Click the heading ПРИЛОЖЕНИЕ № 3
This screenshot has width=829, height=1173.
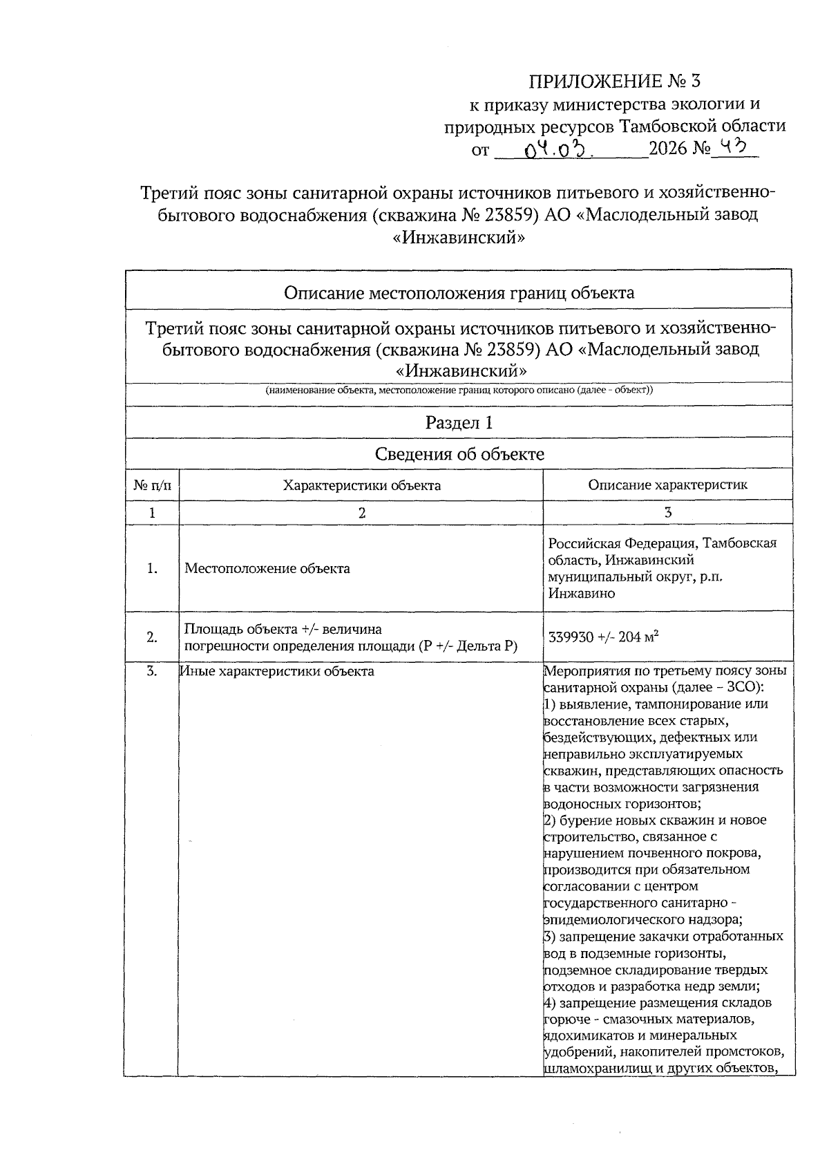pyautogui.click(x=614, y=82)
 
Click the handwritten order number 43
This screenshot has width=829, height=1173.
pyautogui.click(x=735, y=147)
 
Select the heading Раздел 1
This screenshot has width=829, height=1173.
pyautogui.click(x=459, y=422)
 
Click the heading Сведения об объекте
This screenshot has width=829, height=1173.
pyautogui.click(x=459, y=454)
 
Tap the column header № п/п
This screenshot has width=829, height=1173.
pyautogui.click(x=152, y=485)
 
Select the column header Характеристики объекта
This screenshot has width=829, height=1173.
pyautogui.click(x=361, y=485)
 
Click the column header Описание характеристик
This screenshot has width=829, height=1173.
pyautogui.click(x=667, y=485)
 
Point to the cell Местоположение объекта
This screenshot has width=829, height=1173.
pyautogui.click(x=267, y=569)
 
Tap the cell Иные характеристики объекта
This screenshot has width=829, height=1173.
pyautogui.click(x=277, y=671)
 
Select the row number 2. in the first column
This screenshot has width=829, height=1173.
pyautogui.click(x=152, y=637)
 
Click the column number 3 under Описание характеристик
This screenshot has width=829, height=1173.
pyautogui.click(x=667, y=512)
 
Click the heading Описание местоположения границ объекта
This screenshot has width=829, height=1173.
pyautogui.click(x=459, y=292)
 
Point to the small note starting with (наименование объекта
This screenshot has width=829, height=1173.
pyautogui.click(x=459, y=390)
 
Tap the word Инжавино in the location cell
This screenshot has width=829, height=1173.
pyautogui.click(x=581, y=594)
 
